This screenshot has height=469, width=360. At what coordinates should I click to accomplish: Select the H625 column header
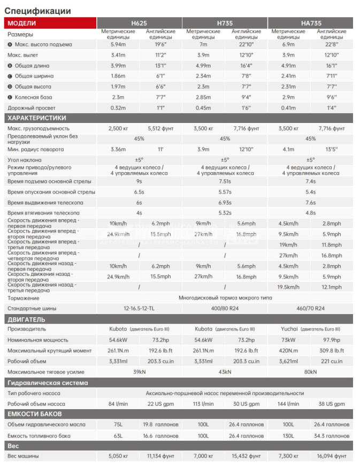[139, 23]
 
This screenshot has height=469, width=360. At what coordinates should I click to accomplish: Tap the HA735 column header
[310, 23]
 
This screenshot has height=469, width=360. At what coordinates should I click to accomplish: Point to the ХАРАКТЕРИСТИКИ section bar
[37, 118]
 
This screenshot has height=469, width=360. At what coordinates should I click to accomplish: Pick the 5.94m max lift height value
[118, 44]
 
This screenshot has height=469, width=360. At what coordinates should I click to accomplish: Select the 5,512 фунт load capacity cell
[160, 128]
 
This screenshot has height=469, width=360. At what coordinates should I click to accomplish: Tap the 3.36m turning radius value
[118, 149]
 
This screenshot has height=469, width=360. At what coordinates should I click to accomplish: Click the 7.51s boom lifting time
[225, 181]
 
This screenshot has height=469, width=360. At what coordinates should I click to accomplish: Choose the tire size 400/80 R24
[225, 309]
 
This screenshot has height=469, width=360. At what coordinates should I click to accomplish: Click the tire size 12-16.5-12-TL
[139, 309]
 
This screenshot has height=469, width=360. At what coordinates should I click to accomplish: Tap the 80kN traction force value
[310, 372]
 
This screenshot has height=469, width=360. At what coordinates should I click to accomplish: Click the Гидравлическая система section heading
[48, 383]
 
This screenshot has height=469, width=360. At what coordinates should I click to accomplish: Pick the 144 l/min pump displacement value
[288, 404]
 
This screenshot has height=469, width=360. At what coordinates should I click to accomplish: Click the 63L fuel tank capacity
[118, 436]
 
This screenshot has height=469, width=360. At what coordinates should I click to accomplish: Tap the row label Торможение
[24, 298]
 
